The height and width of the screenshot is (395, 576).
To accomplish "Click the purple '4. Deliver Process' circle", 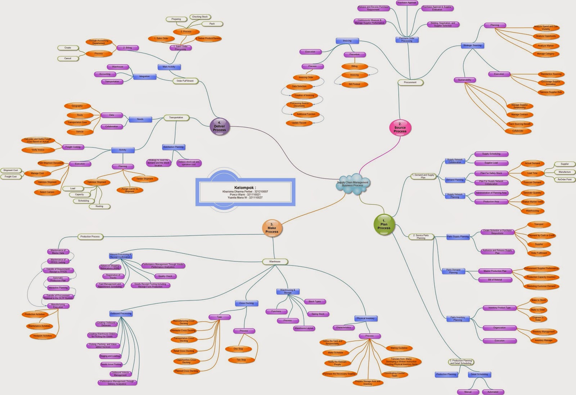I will pos(219,126).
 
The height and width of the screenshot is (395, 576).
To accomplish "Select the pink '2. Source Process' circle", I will pos(400,127).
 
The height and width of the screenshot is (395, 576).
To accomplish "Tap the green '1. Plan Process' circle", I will pos(384,224).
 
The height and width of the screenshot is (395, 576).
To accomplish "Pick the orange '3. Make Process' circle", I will pos(272,228).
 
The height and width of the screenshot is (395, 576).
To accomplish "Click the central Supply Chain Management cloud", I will pos(352,184).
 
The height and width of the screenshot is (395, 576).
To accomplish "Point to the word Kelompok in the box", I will pos(245,188).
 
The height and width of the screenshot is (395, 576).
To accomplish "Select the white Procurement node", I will pos(410,82).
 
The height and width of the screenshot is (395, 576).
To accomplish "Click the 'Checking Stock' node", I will pos(200,17).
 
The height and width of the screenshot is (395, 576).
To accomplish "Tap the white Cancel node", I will pos(68,58).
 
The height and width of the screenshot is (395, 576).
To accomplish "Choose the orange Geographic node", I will pos(77,106).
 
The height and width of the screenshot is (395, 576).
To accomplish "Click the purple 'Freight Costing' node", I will pos(73,147).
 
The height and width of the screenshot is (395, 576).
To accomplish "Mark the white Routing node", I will pos(99,206).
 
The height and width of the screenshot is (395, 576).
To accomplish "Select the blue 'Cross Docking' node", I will pos(247,303).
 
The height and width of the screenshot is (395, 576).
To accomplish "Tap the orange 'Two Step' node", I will pos(241,360).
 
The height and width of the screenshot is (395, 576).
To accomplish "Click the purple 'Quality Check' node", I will pos(165,276).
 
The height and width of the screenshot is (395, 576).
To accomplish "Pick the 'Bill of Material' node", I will pos(495,280).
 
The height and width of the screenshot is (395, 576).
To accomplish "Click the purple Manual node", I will pos(468,392).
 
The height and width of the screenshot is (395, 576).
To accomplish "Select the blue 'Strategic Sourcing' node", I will pos(472,46).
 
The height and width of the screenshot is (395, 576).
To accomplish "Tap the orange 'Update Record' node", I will pos(299,123).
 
